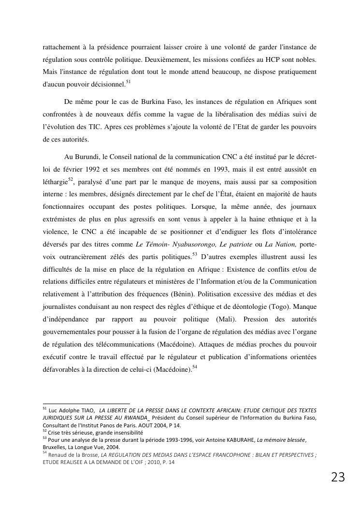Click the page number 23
pos(338,478)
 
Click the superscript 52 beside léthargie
pos(71,180)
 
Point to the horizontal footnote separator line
pos(86,404)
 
